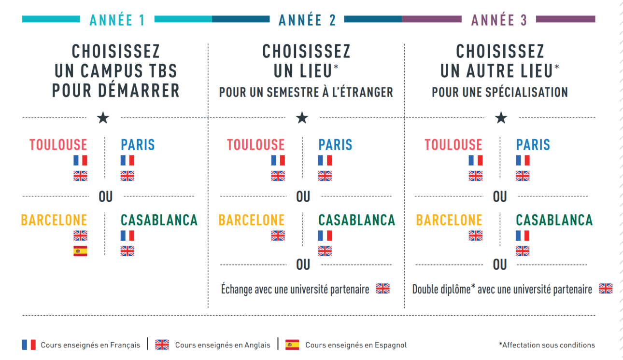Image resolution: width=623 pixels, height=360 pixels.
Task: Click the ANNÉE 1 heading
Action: coord(117,20)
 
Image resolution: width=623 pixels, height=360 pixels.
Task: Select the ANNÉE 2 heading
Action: coord(307,20)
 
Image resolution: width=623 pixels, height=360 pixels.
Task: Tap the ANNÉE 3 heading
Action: coord(499,20)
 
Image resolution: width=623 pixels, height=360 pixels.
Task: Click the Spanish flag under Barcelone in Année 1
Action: coord(80,251)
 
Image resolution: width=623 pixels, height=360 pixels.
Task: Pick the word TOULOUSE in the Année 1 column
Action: coord(58,145)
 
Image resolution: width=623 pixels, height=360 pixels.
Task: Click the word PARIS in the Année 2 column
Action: coord(335,145)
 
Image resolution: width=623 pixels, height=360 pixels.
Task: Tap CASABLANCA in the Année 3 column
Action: coord(554,220)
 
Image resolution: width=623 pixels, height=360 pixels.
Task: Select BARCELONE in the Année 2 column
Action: coord(251,220)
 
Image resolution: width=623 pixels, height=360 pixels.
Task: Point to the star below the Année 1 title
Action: coord(103,118)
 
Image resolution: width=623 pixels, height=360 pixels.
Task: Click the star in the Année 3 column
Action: coord(501,118)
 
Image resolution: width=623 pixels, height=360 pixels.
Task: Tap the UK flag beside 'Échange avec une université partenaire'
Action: coord(382,289)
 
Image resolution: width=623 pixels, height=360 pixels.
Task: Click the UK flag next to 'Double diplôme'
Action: coord(606,289)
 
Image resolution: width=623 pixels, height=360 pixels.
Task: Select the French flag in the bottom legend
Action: coord(28,345)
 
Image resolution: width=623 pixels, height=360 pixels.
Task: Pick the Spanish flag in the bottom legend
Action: coord(292,345)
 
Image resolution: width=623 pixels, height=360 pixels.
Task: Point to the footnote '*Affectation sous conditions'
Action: coord(547,345)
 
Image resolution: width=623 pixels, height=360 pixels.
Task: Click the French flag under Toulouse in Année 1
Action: coord(80,160)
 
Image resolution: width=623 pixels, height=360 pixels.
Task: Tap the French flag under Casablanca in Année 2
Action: coord(325,235)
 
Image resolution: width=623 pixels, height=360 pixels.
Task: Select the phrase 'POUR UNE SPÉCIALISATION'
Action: coord(500,92)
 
